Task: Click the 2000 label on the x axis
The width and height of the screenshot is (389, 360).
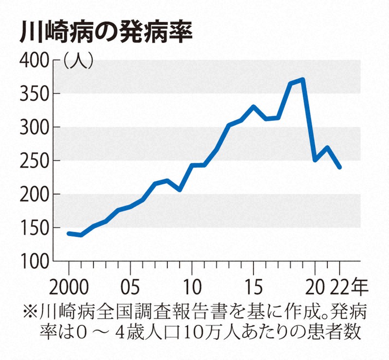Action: (x=69, y=283)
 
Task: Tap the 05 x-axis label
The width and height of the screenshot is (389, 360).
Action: (x=130, y=283)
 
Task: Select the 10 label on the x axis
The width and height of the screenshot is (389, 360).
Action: (x=192, y=283)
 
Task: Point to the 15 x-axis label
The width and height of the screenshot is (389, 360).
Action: (x=253, y=283)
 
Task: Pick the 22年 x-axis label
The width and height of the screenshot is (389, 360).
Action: (x=349, y=283)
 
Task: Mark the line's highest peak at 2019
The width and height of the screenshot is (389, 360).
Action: (x=302, y=80)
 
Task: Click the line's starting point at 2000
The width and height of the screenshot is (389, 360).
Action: (x=69, y=234)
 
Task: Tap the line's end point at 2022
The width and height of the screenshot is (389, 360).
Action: (x=339, y=167)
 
